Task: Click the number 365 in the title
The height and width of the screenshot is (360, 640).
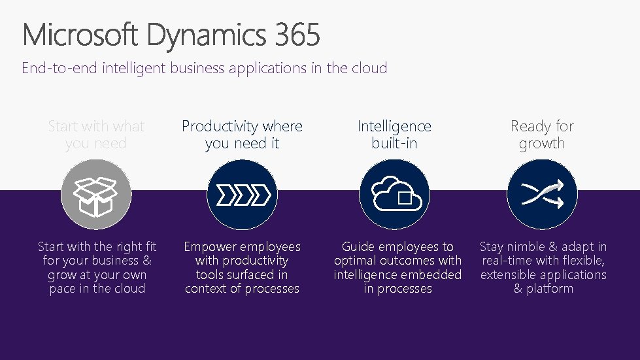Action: coord(297,35)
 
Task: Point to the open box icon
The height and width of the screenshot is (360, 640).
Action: coord(96,194)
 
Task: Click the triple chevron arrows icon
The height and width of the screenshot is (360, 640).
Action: coord(242,194)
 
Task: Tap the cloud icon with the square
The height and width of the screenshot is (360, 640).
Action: coord(394,194)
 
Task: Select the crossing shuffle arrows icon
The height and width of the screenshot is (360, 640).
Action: coord(542,194)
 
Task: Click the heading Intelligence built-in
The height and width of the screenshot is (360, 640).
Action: coord(394,135)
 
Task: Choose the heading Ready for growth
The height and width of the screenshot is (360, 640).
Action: coord(542,135)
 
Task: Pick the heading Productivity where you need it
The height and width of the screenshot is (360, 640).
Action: coord(242,135)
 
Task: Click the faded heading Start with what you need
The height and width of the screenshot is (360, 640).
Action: coord(96,135)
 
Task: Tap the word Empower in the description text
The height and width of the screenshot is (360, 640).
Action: coord(211,247)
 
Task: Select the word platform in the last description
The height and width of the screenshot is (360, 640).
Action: coord(550,289)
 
